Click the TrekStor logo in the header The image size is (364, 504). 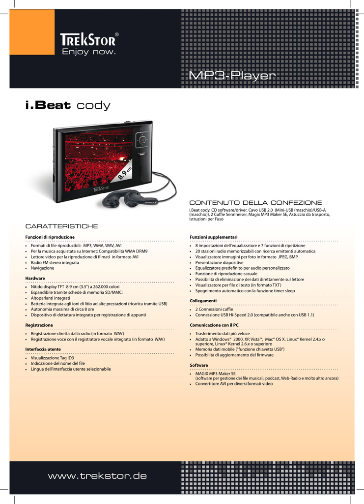pos(89,44)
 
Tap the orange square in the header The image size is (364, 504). pos(32,32)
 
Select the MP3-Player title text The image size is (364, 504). pos(232,75)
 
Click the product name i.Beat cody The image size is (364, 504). pos(68,105)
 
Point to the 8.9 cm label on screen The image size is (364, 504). pos(125,174)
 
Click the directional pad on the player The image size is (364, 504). pos(142,140)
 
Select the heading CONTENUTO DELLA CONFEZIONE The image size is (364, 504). pos(255,203)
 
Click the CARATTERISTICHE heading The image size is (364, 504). pos(61,226)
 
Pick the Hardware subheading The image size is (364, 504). pos(35,279)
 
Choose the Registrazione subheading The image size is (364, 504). pos(39,325)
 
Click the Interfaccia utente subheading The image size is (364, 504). pos(43,349)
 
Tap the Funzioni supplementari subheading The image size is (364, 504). pos(214,237)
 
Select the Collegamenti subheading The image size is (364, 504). pos(203,301)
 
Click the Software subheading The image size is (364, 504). pos(199,365)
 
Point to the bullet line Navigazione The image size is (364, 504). pos(42,268)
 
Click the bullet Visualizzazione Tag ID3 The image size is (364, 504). pos(52,358)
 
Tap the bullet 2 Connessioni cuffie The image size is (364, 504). pos(214,309)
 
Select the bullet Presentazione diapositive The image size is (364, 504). pos(220,263)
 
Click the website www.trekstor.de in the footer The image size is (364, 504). pos(97,476)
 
